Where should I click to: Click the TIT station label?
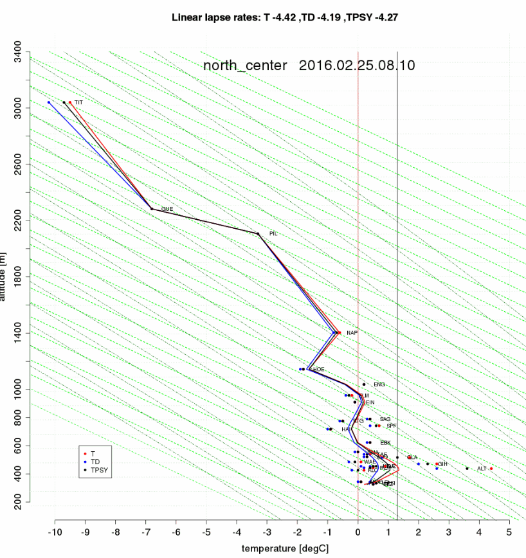[78, 102]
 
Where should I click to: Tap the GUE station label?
[167, 209]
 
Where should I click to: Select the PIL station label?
[273, 233]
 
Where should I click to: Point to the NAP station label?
[352, 333]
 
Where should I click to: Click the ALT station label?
[482, 469]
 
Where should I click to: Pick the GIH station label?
[442, 464]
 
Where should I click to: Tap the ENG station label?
[379, 384]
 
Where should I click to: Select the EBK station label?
[385, 443]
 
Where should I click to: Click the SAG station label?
[385, 419]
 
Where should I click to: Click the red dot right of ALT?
[491, 469]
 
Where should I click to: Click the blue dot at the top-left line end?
[49, 102]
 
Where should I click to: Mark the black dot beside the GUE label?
[152, 209]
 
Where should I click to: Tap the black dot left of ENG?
[364, 384]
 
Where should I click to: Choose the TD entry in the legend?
[95, 462]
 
